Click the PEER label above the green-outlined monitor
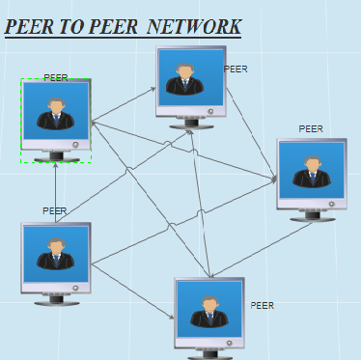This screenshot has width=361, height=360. pyautogui.click(x=56, y=77)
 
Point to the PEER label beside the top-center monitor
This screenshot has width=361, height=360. pyautogui.click(x=236, y=69)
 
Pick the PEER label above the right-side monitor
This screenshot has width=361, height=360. pyautogui.click(x=311, y=128)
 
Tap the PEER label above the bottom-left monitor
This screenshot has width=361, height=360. pyautogui.click(x=54, y=210)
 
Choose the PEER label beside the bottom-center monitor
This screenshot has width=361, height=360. pyautogui.click(x=263, y=305)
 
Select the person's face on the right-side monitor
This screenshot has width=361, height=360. pyautogui.click(x=312, y=165)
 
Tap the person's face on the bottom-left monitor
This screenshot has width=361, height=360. pyautogui.click(x=56, y=246)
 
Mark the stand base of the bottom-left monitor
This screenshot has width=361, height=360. pyautogui.click(x=56, y=302)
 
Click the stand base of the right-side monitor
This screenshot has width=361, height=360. pyautogui.click(x=312, y=219)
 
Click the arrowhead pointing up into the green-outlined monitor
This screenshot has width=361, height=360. pyautogui.click(x=56, y=165)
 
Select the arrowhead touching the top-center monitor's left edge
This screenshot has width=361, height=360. pyautogui.click(x=153, y=89)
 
